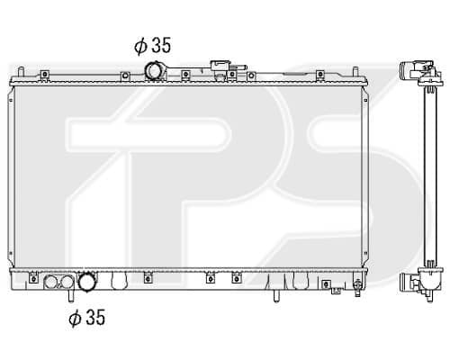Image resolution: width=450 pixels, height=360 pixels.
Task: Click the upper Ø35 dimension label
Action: [152, 46]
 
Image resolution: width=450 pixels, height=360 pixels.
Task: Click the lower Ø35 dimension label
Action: [87, 318]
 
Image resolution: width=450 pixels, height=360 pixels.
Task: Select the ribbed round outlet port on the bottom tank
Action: [87, 282]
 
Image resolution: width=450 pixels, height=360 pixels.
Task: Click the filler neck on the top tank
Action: [220, 66]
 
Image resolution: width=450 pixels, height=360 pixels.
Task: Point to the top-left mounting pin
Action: [21, 72]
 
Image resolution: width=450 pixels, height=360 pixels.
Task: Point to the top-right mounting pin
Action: [355, 72]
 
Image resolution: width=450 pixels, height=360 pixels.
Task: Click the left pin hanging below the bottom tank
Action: [70, 295]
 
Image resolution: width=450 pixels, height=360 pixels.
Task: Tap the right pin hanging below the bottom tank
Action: [276, 296]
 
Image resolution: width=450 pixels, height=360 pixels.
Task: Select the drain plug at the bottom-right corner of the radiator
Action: [357, 287]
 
